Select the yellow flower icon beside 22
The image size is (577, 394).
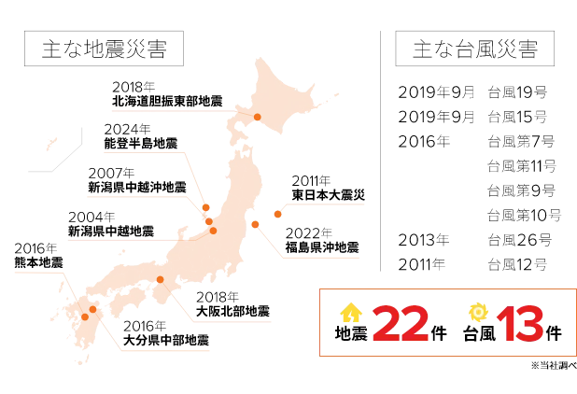click(351, 314)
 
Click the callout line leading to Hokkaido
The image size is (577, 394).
click(168, 109)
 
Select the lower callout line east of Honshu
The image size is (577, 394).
click(322, 254)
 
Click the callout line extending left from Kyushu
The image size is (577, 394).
click(33, 273)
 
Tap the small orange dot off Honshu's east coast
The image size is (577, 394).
click(277, 215)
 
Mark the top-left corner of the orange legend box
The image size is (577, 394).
click(320, 290)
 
